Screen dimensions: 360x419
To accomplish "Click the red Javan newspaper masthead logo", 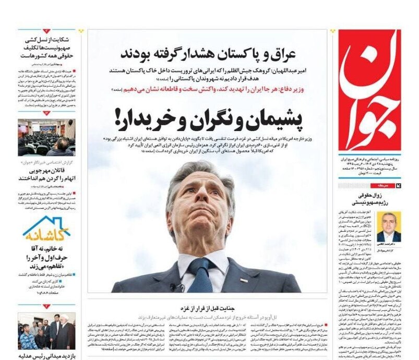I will click(x=369, y=91).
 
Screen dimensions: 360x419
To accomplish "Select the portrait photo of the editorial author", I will click(x=389, y=226).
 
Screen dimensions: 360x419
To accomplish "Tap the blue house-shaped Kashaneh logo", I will click(x=46, y=229).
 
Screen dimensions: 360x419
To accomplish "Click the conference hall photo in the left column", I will click(x=46, y=137).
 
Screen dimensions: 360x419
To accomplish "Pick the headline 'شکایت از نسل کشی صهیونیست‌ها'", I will click(x=47, y=46).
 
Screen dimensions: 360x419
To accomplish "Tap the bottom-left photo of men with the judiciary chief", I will click(x=46, y=331).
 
